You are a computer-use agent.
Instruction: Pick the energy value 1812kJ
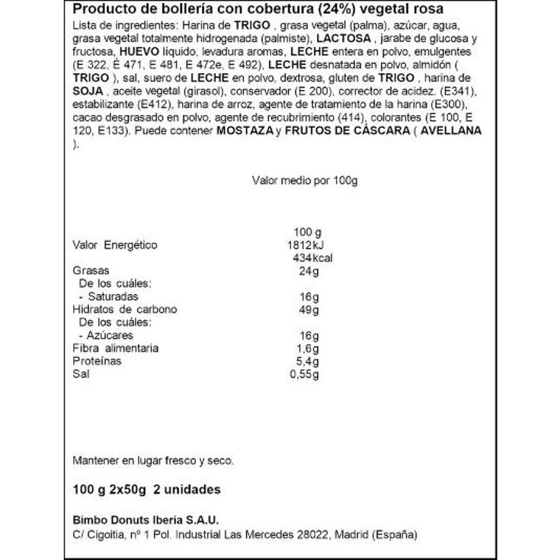tap(302, 245)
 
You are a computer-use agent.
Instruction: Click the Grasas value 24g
tap(307, 270)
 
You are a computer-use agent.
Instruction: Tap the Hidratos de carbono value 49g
tap(307, 309)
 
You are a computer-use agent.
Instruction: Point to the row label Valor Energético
tap(114, 245)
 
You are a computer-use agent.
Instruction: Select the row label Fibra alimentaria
tap(115, 348)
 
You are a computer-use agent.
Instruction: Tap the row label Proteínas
tap(97, 361)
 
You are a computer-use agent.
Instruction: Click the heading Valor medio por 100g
tap(304, 181)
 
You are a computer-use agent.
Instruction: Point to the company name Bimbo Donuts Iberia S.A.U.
tap(145, 520)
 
